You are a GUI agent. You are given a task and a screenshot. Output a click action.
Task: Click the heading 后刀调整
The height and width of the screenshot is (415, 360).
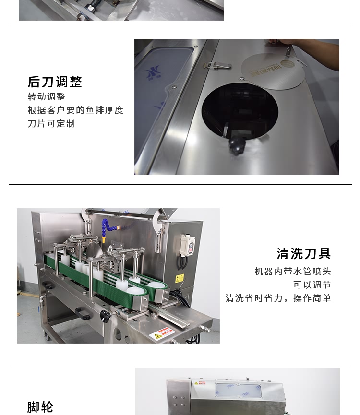tap(55, 82)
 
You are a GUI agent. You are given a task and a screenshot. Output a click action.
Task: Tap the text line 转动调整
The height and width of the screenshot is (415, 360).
tap(47, 97)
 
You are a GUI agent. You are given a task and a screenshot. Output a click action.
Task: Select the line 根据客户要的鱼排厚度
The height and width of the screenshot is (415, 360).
tap(75, 110)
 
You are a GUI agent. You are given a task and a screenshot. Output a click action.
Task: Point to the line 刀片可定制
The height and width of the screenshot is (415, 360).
tap(51, 124)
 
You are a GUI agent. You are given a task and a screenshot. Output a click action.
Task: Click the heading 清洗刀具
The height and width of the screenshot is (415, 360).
tap(304, 253)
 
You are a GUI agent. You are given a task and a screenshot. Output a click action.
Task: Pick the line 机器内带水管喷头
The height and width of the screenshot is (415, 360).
tap(293, 272)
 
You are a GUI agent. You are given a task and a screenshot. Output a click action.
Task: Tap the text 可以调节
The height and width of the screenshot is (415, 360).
tap(312, 285)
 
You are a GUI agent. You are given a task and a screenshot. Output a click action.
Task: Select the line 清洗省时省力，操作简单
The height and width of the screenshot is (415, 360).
tap(278, 298)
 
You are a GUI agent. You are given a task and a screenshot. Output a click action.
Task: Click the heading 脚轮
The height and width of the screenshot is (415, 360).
tap(40, 407)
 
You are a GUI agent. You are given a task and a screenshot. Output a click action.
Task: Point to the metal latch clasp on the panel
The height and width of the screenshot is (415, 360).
tap(216, 66)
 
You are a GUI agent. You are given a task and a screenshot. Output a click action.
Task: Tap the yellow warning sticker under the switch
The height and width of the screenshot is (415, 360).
tap(179, 278)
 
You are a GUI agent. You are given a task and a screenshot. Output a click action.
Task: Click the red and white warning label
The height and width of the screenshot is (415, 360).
tap(162, 333)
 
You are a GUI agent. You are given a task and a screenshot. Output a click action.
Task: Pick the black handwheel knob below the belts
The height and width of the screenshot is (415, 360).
tap(105, 315)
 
